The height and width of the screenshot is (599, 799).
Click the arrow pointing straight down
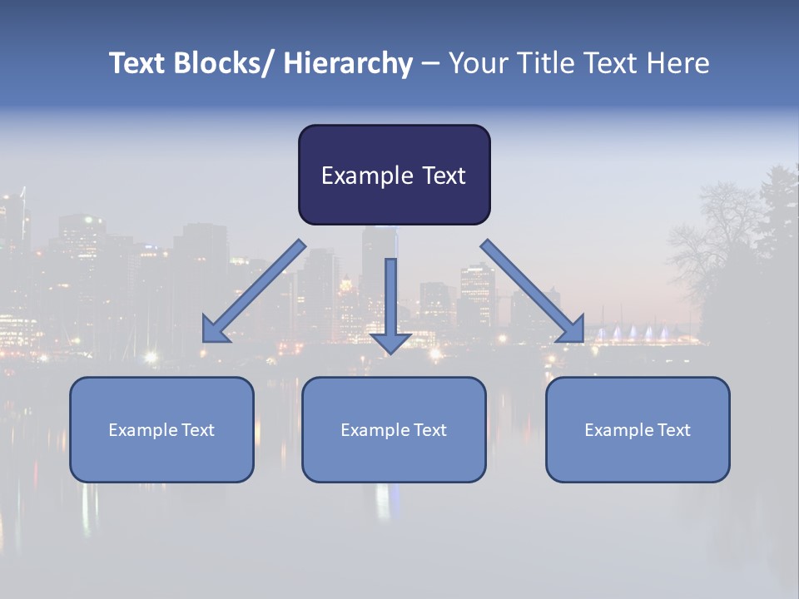[390, 304]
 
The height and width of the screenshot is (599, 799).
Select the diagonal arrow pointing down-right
[533, 291]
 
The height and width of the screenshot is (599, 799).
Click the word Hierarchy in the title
[348, 63]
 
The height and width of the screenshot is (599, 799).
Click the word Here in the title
[678, 63]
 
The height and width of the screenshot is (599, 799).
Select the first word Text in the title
[139, 63]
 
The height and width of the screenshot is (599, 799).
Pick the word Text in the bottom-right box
[672, 430]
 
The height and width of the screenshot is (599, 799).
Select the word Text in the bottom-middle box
[429, 430]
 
